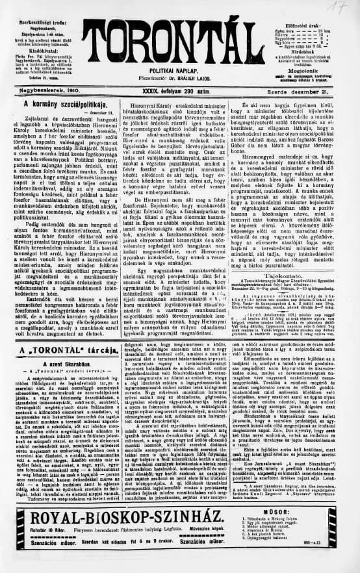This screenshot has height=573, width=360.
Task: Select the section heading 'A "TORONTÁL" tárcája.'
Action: [62, 351]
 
